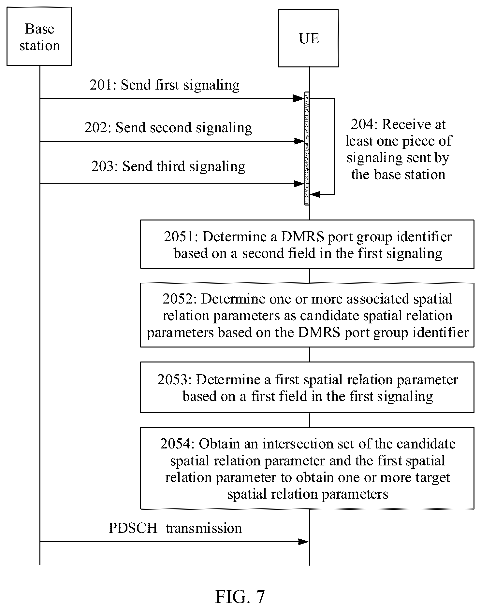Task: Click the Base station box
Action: coord(39,36)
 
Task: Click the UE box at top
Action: coord(308,38)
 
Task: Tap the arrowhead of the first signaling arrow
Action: coord(299,98)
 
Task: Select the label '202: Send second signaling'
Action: coord(168,127)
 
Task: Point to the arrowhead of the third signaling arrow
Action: coord(299,184)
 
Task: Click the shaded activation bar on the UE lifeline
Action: coord(307,149)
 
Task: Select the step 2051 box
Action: coord(307,244)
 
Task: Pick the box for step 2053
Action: coord(307,387)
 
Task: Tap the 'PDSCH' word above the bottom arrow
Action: coord(133,528)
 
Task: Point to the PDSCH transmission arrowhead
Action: coord(303,542)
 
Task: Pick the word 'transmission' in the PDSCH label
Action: coord(204,528)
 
